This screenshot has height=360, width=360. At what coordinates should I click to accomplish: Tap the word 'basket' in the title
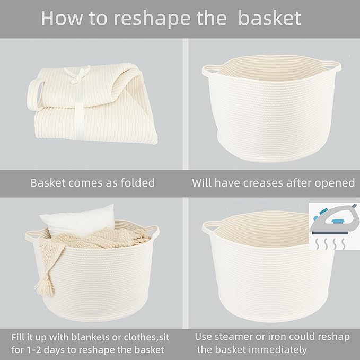pyautogui.click(x=270, y=19)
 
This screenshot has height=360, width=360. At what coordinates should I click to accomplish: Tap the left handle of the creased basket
pyautogui.click(x=209, y=68)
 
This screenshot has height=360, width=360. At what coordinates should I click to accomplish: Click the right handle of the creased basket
pyautogui.click(x=335, y=66)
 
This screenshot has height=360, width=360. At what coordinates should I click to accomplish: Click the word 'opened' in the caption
pyautogui.click(x=333, y=183)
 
